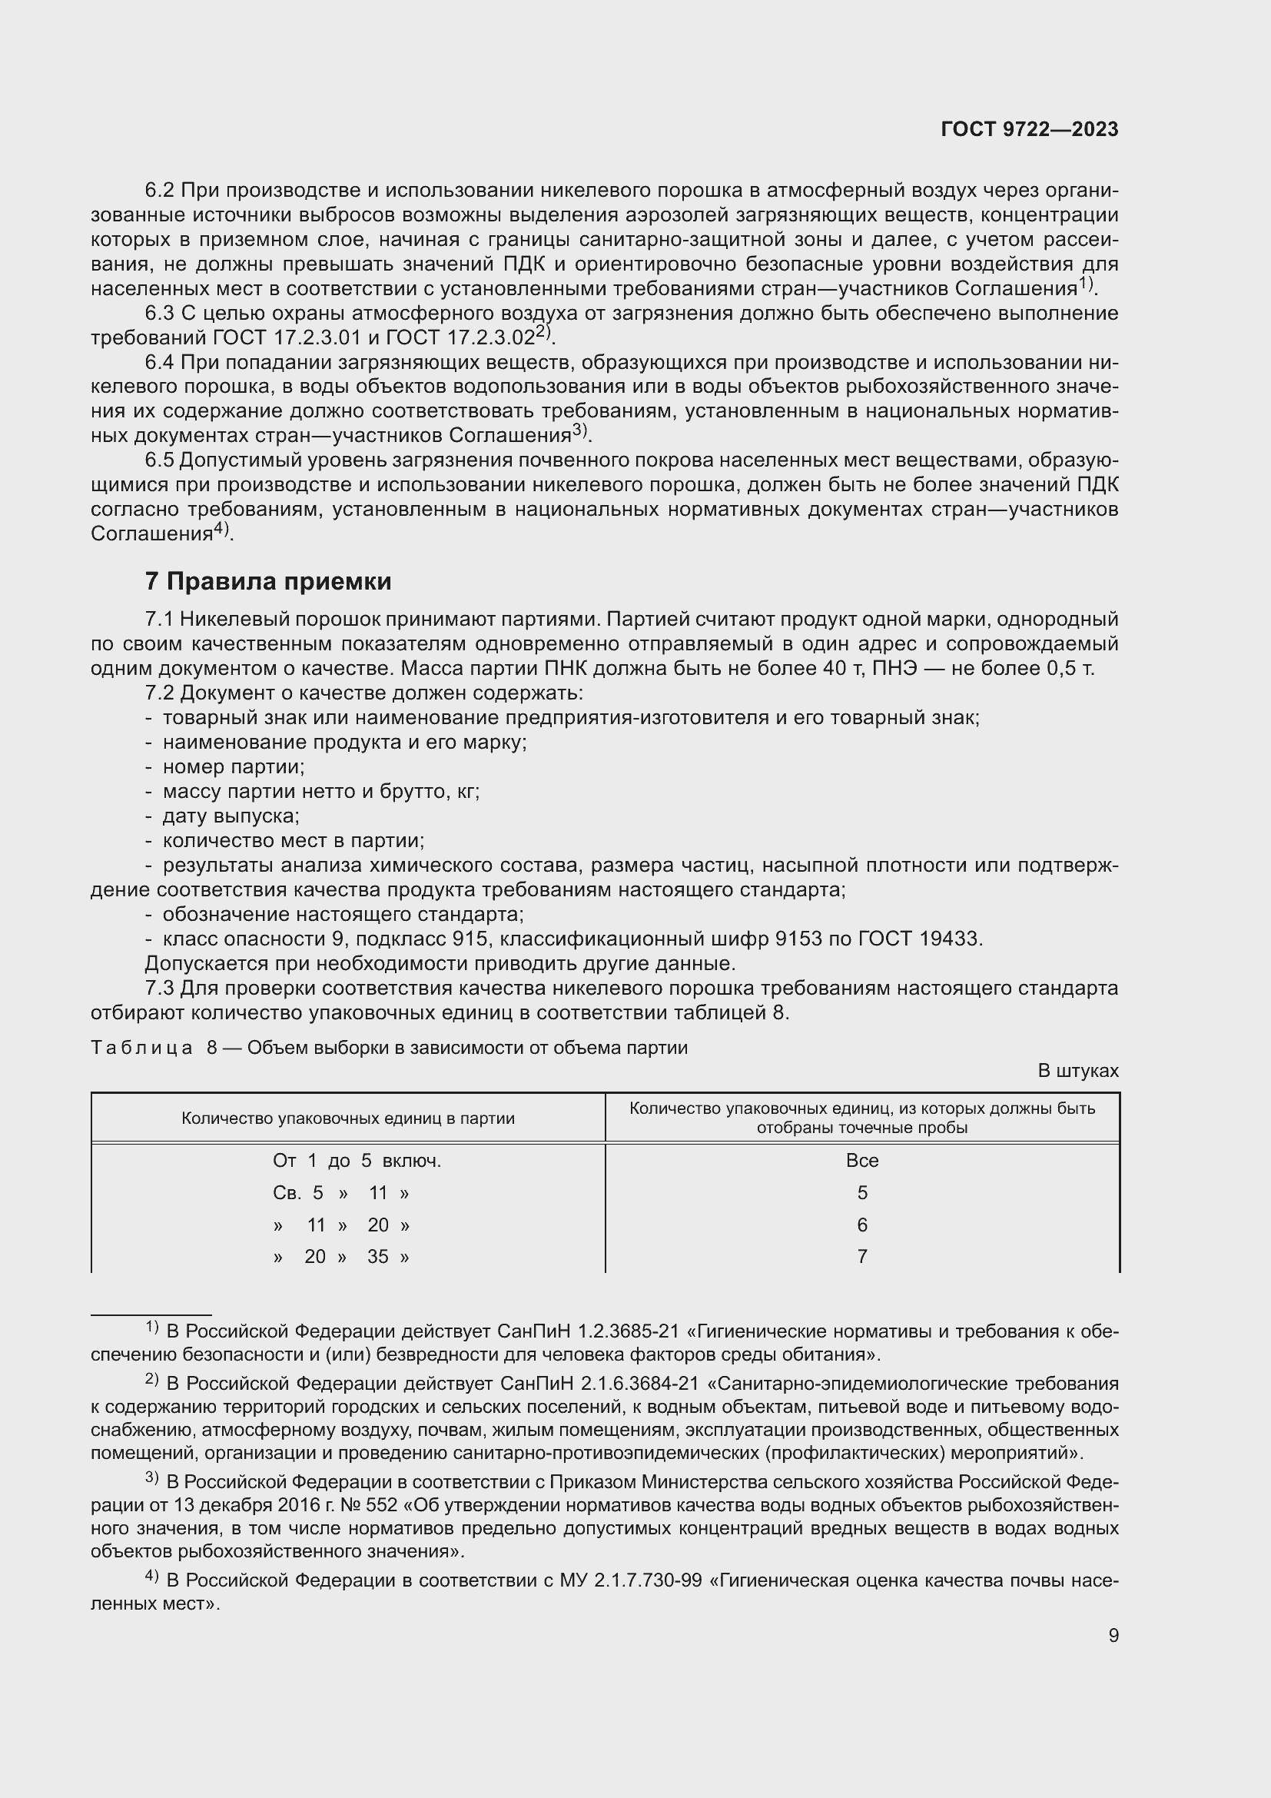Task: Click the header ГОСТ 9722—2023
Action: tap(1029, 130)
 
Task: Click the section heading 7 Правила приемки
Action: tap(267, 582)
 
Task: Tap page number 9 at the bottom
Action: tap(1113, 1635)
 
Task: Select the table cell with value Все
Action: tap(861, 1161)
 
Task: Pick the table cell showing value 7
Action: tap(861, 1256)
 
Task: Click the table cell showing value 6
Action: tap(861, 1225)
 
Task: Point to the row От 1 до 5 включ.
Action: tap(356, 1161)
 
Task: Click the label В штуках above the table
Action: tap(1077, 1071)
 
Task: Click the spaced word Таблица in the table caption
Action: tap(141, 1048)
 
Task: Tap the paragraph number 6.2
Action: tap(160, 191)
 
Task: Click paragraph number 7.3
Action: tap(160, 989)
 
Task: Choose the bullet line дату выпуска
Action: tap(231, 816)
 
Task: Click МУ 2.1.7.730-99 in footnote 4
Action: tap(630, 1580)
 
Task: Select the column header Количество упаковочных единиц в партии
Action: tap(347, 1118)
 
